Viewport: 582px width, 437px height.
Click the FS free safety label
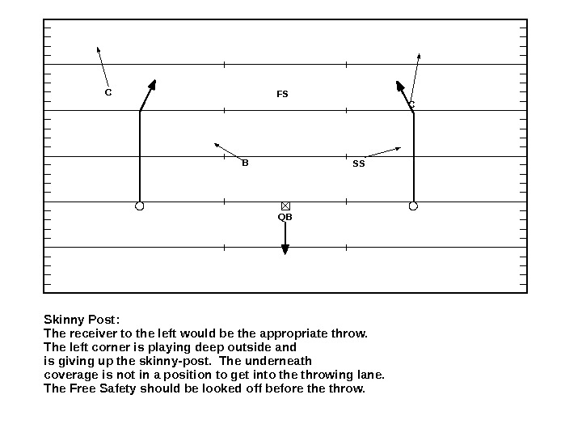point(282,95)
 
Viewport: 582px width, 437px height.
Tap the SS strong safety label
point(359,163)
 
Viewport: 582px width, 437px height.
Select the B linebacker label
point(245,163)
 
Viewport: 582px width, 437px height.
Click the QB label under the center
point(285,217)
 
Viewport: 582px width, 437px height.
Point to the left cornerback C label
point(108,92)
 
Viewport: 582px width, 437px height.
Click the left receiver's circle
point(140,206)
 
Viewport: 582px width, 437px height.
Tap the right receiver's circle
point(413,206)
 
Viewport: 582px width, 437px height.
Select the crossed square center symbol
point(285,206)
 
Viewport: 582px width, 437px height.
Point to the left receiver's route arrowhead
point(152,85)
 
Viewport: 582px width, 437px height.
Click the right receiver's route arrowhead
point(400,86)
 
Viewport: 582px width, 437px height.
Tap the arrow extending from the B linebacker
point(227,151)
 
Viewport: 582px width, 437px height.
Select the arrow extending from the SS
point(382,152)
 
